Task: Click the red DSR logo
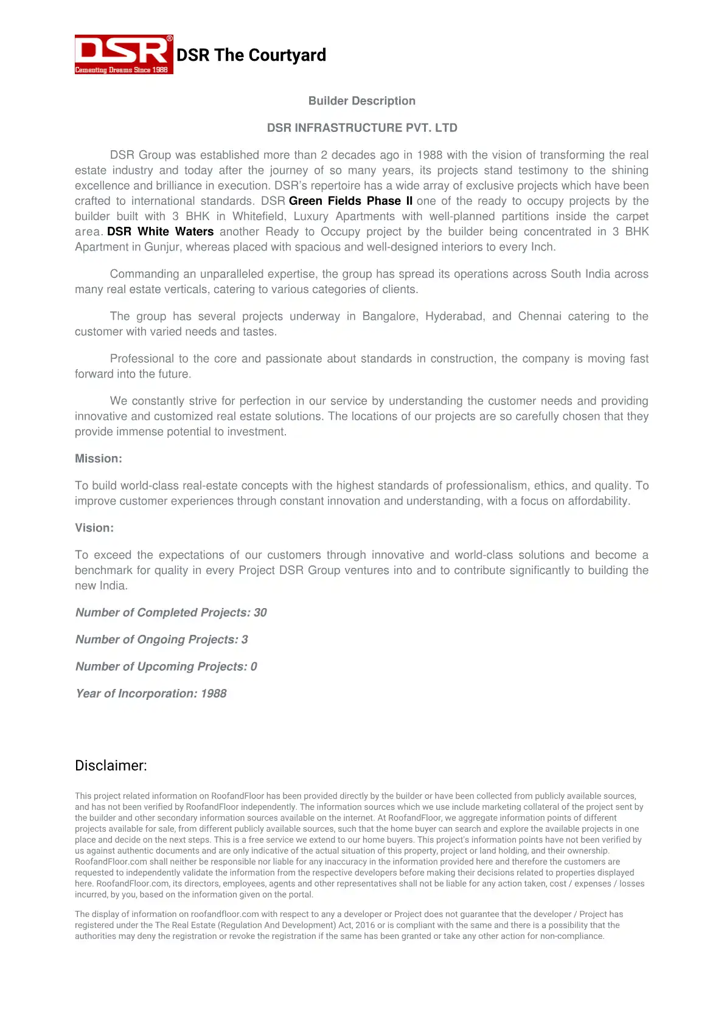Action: click(124, 50)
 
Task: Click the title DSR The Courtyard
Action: click(251, 55)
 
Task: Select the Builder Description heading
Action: click(361, 101)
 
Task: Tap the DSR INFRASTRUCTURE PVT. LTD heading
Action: click(361, 128)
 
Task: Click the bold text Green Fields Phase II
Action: click(350, 201)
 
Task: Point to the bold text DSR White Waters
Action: click(160, 232)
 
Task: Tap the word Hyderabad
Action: click(451, 316)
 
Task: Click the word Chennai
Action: click(539, 316)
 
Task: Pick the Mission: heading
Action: click(98, 458)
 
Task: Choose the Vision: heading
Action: click(94, 528)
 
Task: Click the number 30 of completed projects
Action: click(260, 612)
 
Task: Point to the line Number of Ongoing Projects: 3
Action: click(161, 640)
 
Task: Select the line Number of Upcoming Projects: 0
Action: click(165, 666)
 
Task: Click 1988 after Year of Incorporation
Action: click(214, 694)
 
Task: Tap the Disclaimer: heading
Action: click(111, 766)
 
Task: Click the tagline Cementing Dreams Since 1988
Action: click(122, 70)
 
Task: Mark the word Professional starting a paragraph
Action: click(142, 359)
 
